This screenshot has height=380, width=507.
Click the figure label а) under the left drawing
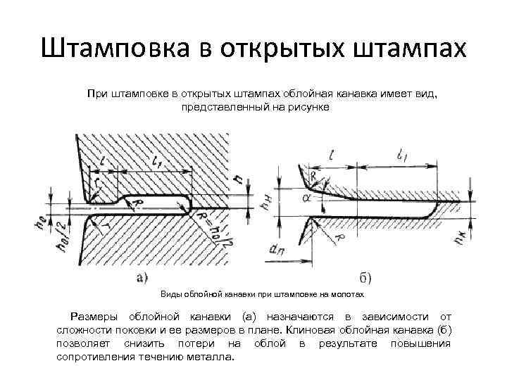click(141, 276)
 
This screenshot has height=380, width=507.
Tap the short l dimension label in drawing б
click(330, 156)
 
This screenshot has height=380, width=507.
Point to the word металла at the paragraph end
click(215, 357)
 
